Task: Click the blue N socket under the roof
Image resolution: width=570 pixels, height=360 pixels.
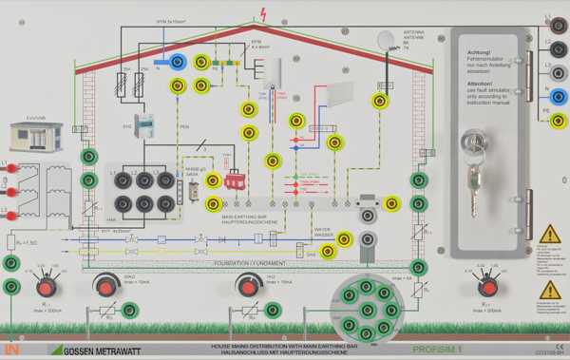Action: (176, 63)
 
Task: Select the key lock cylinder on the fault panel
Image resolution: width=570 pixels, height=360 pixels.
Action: (472, 142)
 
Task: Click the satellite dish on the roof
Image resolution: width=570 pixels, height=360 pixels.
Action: (387, 41)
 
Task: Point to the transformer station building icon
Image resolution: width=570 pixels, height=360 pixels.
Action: (35, 137)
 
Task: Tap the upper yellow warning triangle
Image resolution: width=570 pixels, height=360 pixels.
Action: (549, 234)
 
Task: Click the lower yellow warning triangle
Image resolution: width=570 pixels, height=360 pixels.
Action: (549, 290)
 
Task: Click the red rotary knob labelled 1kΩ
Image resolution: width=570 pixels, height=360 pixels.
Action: (248, 286)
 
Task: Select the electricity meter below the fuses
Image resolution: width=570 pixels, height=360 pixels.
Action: (142, 125)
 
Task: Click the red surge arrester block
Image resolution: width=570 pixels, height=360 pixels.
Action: (233, 180)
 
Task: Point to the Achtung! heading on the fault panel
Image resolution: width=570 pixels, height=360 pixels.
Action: (479, 52)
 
